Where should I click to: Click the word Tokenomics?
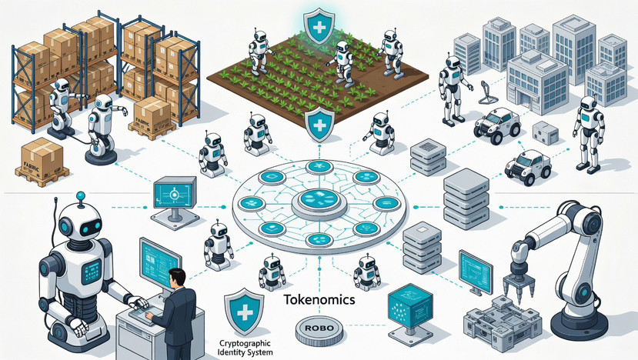[319, 301]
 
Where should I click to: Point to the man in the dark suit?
[176, 312]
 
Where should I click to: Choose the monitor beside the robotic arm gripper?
[475, 271]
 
